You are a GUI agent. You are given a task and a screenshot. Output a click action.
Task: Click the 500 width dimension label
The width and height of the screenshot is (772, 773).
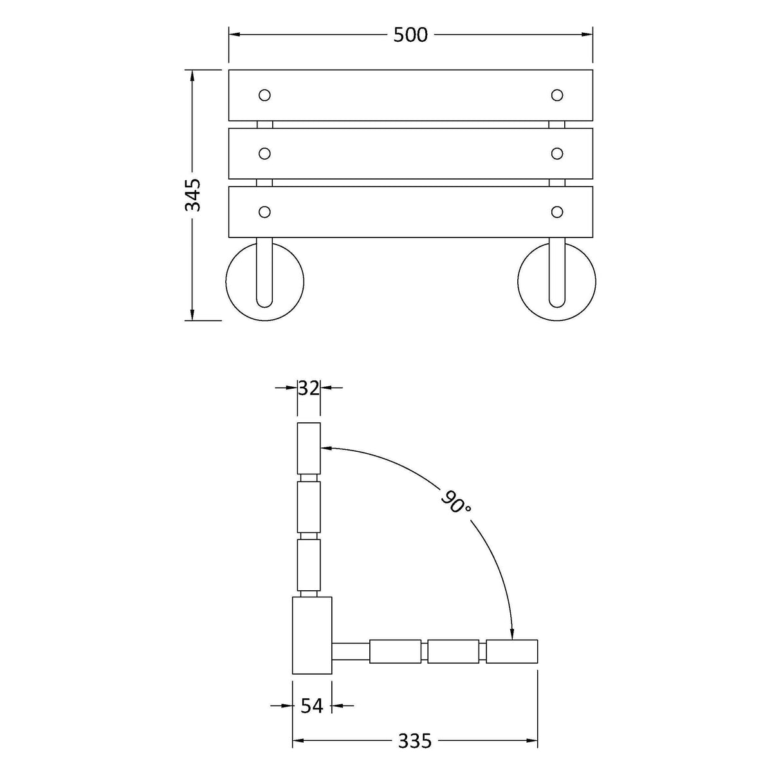[410, 35]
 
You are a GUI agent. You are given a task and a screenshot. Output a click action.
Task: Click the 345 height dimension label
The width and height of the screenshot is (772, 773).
[193, 195]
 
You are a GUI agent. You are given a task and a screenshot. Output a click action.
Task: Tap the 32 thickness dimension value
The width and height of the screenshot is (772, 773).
[309, 388]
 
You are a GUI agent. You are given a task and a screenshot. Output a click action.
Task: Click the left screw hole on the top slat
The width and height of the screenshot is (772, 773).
[264, 95]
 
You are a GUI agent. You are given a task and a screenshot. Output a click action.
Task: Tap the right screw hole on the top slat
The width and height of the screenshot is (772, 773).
[556, 95]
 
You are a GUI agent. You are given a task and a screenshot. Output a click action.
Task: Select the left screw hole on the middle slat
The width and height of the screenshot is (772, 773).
[264, 154]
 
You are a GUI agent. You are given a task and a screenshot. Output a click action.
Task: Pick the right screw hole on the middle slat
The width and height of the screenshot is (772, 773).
[556, 153]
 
